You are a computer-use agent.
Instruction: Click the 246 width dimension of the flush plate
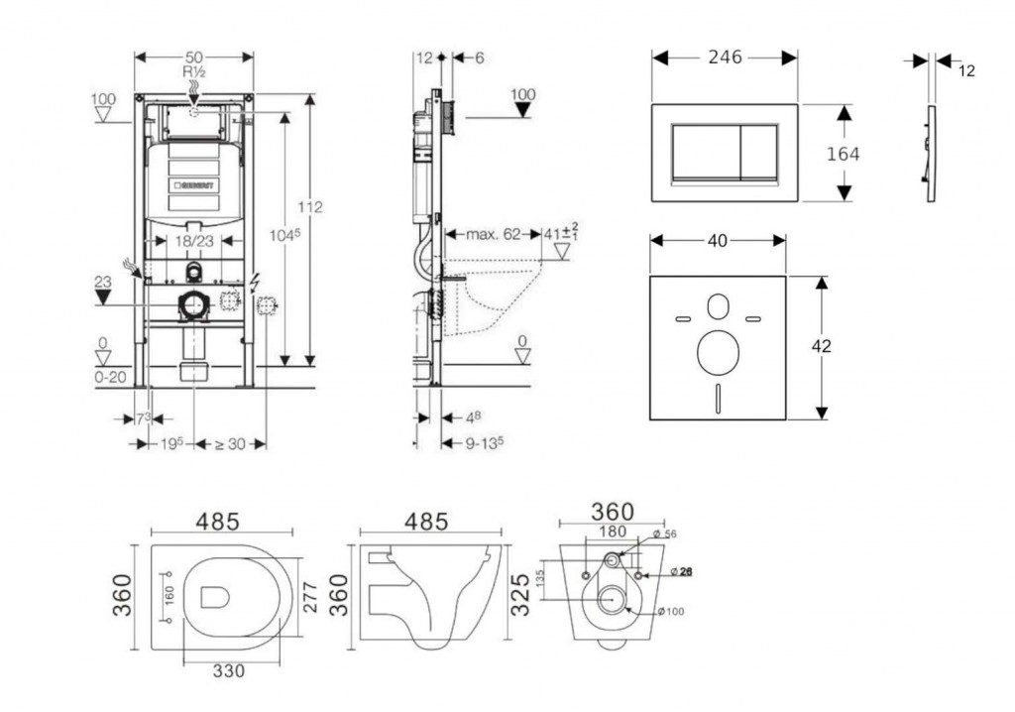tap(725, 58)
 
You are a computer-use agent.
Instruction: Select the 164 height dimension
tap(844, 154)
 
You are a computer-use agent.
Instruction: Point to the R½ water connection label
tap(193, 72)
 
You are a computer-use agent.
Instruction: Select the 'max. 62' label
tap(493, 235)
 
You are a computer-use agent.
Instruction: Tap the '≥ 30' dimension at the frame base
tap(230, 443)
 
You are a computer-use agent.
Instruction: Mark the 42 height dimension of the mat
tap(821, 346)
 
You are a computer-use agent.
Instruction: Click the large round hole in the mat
tap(719, 353)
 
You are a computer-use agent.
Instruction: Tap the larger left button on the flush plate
tap(704, 151)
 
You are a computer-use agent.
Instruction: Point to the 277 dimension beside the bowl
tap(314, 595)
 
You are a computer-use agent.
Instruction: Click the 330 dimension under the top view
tap(228, 670)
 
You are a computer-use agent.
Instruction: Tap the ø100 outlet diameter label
tap(670, 611)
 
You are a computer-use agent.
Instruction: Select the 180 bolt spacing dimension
tap(613, 533)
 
